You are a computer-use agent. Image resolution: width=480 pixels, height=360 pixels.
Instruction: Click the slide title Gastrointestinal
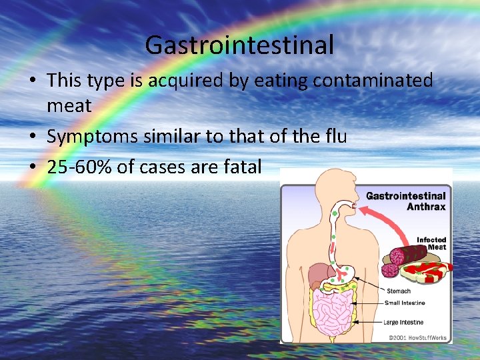coord(239,45)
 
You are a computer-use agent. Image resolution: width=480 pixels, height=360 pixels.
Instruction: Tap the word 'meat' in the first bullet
coord(69,106)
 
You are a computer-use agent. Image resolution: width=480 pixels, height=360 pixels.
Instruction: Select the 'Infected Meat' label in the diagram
coord(431,243)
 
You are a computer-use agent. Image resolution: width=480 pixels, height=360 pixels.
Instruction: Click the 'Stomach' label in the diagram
coord(399,291)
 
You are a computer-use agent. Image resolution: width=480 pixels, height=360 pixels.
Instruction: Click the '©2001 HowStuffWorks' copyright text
coord(417,337)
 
